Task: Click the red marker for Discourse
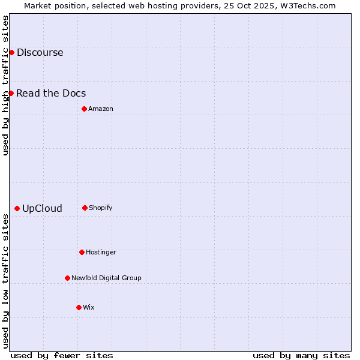click(11, 52)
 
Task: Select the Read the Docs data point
click(11, 93)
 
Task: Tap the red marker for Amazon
click(84, 109)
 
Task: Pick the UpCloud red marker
click(17, 208)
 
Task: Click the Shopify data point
click(85, 208)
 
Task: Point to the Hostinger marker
click(82, 252)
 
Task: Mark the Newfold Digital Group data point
click(67, 278)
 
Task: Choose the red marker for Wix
click(79, 307)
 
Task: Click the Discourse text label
click(40, 52)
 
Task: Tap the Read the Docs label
click(51, 93)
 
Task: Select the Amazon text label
click(101, 109)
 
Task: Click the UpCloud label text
click(42, 209)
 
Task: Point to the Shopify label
click(101, 208)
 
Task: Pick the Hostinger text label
click(101, 252)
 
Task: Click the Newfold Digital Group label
click(106, 278)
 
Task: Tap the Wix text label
click(89, 307)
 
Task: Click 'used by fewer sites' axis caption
click(62, 355)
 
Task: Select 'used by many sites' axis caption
click(301, 355)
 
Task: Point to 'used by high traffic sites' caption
click(5, 85)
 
